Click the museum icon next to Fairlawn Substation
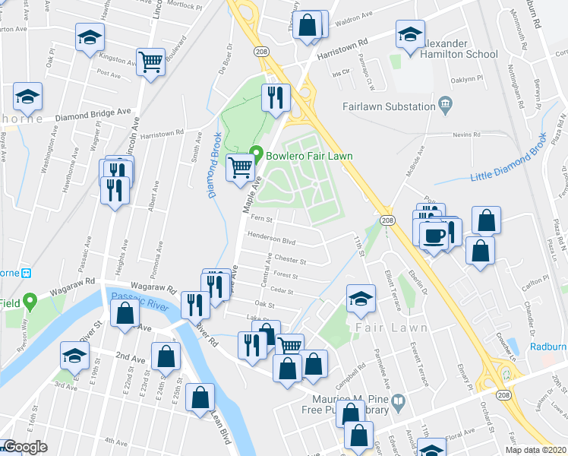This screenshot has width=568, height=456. (445, 103)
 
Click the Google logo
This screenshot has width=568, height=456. (26, 447)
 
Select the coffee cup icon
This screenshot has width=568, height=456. (434, 235)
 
